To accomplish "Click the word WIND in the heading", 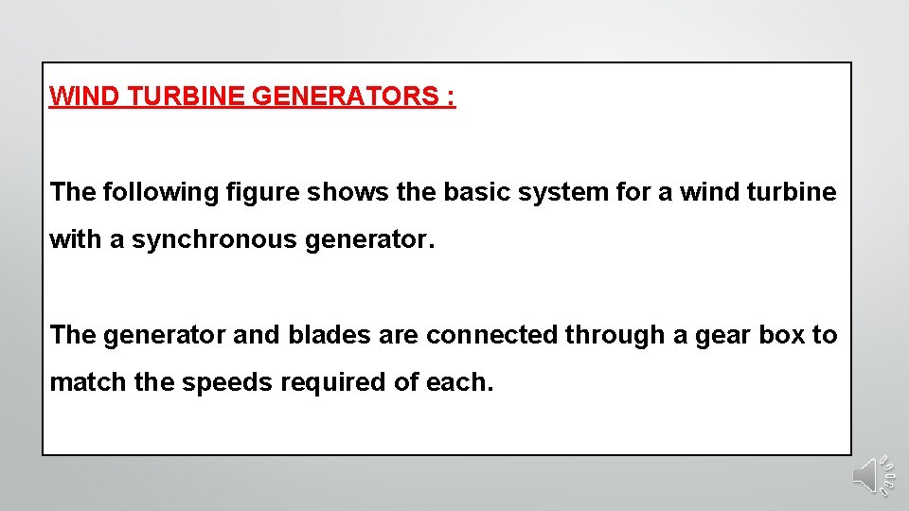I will [79, 97].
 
